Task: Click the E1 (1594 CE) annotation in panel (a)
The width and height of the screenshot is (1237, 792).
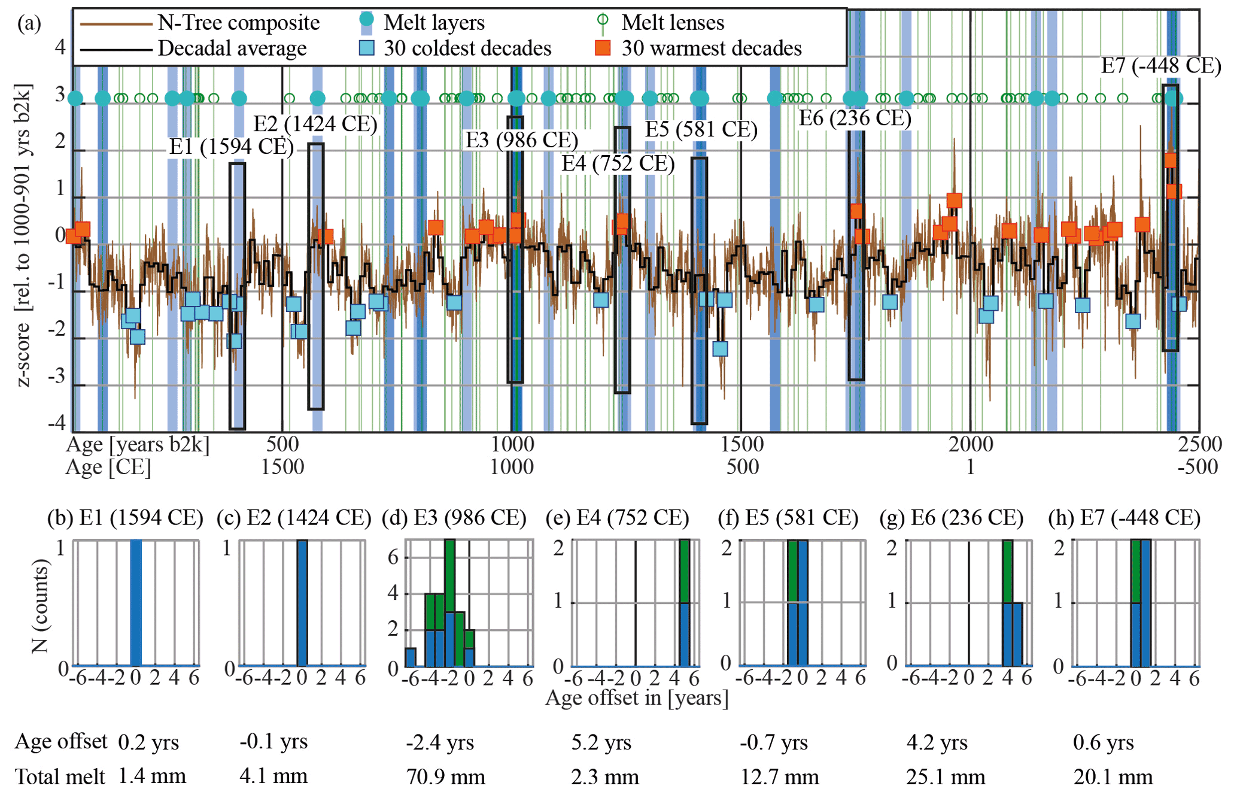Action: tap(231, 147)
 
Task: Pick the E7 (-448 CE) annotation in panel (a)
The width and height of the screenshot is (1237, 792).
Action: tap(1160, 66)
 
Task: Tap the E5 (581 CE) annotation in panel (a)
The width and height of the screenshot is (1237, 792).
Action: tap(701, 129)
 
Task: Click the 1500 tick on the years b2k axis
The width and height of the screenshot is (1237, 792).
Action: tap(742, 444)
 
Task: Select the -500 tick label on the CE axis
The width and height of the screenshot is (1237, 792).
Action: tap(1197, 467)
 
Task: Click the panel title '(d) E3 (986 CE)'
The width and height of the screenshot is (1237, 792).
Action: tap(454, 518)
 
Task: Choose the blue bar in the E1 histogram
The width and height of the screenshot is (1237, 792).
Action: tap(136, 602)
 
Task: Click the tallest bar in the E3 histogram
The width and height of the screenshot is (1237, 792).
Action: tap(449, 602)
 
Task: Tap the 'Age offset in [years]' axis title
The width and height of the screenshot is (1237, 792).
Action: tap(637, 698)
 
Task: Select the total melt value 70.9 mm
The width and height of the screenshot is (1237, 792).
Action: tap(446, 777)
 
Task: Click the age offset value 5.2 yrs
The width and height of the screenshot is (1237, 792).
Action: tap(601, 742)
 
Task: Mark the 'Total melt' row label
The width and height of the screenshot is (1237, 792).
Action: tap(60, 777)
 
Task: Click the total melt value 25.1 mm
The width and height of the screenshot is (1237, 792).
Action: tap(946, 777)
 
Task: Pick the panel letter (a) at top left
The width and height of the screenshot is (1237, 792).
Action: tap(29, 24)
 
